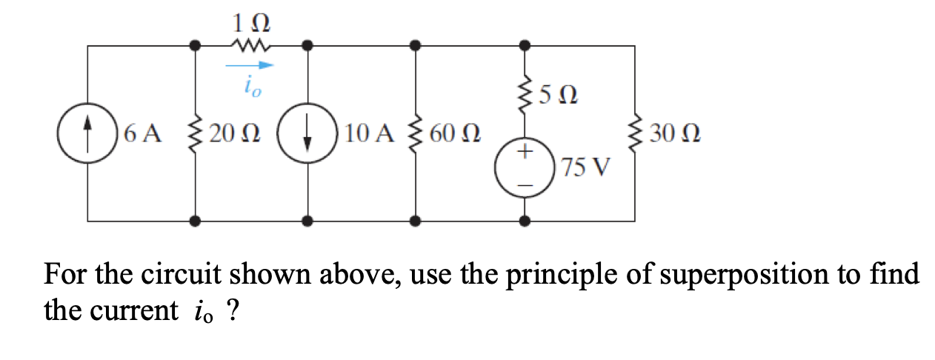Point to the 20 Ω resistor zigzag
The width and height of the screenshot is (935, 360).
click(196, 134)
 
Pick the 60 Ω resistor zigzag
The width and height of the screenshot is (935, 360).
click(416, 134)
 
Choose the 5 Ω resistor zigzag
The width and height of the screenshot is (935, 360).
click(525, 95)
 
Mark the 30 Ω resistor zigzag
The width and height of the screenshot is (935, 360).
click(635, 134)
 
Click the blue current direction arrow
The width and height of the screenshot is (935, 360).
click(248, 65)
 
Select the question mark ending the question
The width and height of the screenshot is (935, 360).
click(233, 311)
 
